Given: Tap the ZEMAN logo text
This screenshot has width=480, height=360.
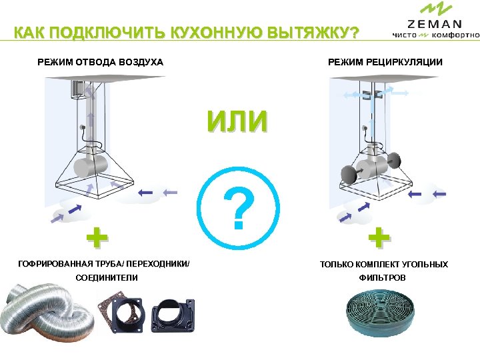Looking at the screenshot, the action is tap(435, 24).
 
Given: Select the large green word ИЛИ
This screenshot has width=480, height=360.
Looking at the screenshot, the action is tap(237, 121).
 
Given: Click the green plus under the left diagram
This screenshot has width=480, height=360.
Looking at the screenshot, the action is tap(97, 237).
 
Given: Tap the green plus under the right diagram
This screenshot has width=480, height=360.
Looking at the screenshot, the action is tap(379, 237).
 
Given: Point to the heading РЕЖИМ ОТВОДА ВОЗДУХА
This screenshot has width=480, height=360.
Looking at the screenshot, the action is tap(100, 62).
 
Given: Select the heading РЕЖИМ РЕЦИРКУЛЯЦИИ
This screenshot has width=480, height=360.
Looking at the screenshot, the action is tap(385, 62).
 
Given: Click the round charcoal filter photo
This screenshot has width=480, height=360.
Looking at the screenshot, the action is tap(380, 313).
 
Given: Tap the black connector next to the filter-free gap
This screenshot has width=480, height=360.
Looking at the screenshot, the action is tap(173, 315).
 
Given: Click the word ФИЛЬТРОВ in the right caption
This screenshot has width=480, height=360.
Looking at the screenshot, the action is tap(383, 277).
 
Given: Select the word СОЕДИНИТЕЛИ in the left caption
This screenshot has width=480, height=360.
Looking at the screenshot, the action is tap(107, 277).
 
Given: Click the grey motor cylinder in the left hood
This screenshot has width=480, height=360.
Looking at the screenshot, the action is tap(91, 166).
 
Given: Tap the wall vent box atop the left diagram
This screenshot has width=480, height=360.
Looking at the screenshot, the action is tap(78, 89).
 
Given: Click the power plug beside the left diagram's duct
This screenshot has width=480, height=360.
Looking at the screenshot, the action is tap(82, 127).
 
